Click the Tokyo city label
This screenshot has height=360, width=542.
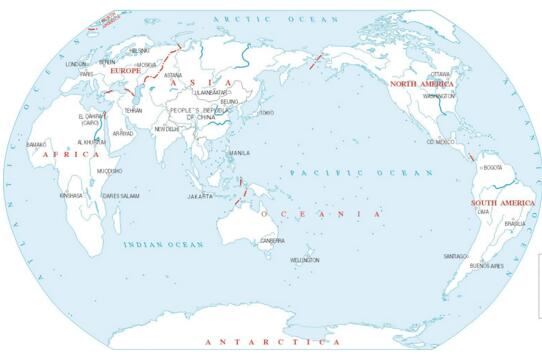266,113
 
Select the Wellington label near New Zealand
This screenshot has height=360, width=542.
305,260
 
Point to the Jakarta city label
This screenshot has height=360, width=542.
200,196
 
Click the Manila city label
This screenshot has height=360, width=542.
240,153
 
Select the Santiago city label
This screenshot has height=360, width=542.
456,255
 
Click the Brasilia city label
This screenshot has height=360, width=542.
515,223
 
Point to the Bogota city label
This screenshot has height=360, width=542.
492,167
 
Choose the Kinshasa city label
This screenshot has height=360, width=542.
71,196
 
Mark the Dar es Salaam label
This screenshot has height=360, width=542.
121,196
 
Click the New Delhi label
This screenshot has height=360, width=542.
167,129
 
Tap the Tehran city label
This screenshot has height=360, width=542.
133,111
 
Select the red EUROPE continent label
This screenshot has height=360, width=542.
126,72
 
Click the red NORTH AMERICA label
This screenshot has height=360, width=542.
422,85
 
